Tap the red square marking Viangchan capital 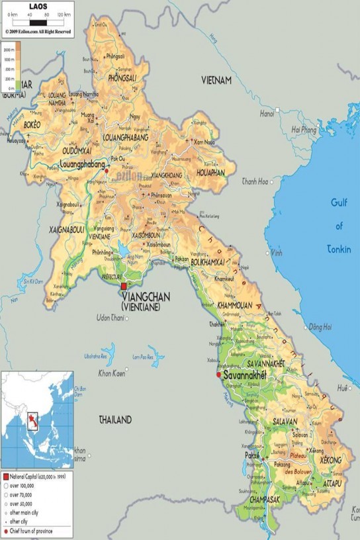point(123,286)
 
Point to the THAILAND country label point(115,420)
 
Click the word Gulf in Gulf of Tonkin point(339,203)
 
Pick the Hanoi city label point(267,114)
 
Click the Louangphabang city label point(82,163)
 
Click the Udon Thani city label point(111,318)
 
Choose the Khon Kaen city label point(112,374)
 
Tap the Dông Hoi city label point(319,327)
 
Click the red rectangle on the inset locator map point(32,422)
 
